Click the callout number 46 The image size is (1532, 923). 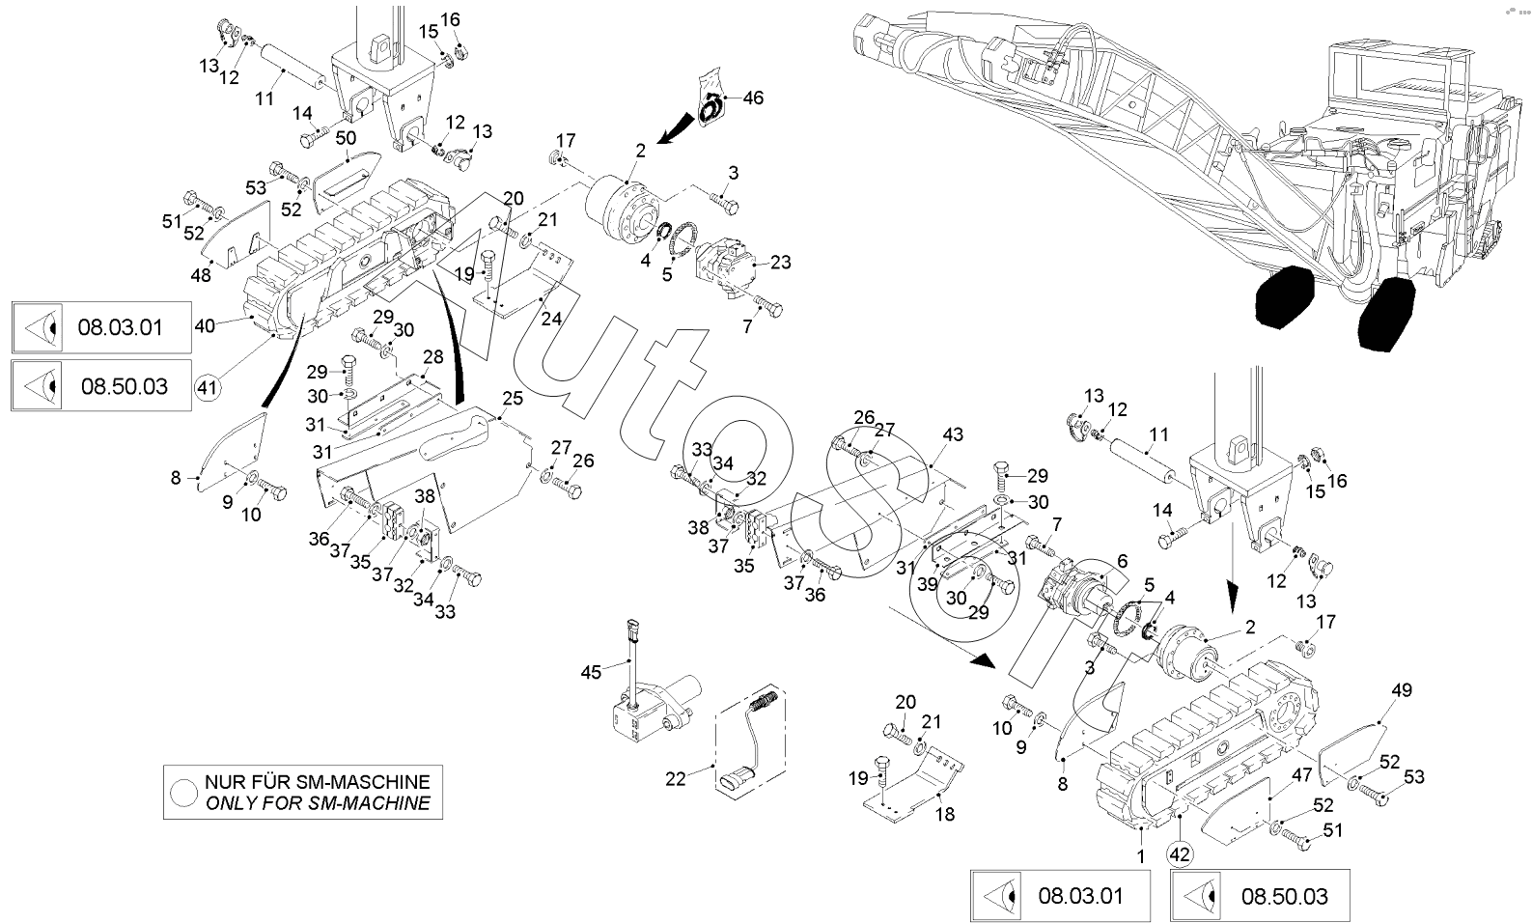(x=753, y=98)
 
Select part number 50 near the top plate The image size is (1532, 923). (x=346, y=139)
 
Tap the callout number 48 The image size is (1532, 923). (x=201, y=275)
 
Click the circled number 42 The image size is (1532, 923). (x=1179, y=853)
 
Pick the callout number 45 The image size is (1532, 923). (x=591, y=671)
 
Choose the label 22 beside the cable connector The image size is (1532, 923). (x=675, y=778)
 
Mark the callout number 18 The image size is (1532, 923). (x=945, y=814)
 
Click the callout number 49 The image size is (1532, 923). (x=1402, y=690)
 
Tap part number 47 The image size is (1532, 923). (x=1302, y=773)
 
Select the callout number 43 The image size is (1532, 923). (x=953, y=436)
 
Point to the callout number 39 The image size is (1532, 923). (x=928, y=584)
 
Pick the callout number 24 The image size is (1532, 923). (x=551, y=320)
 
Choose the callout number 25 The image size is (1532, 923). (x=512, y=399)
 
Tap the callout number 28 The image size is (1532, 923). (x=433, y=357)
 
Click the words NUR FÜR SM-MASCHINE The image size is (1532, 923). (x=317, y=781)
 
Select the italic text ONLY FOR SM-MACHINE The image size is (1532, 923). (x=317, y=803)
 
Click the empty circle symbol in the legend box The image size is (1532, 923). (x=183, y=792)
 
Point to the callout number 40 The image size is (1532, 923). (x=205, y=326)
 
